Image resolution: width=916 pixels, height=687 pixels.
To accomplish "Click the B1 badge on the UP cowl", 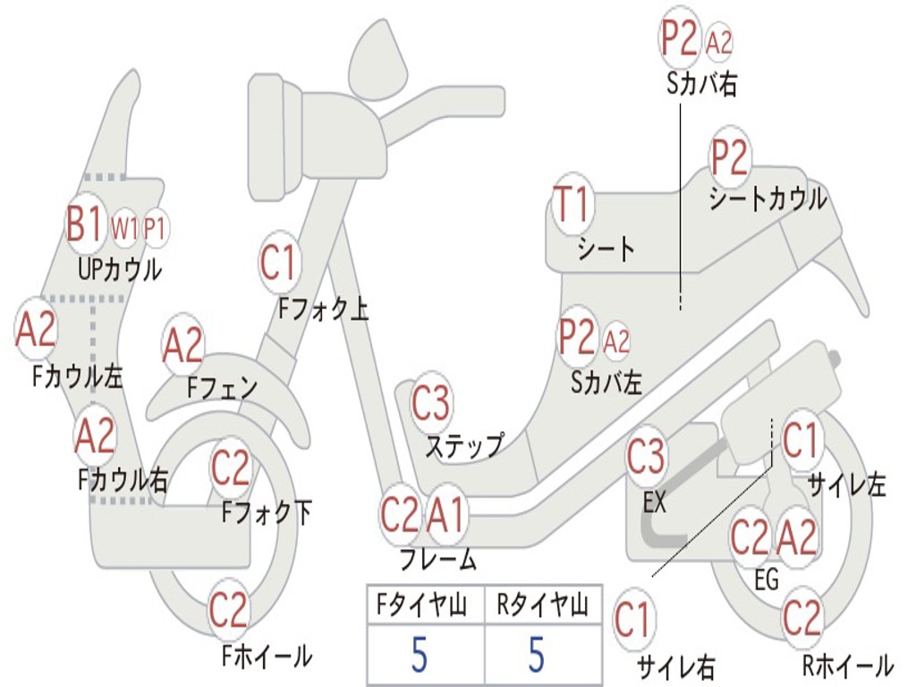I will [85, 225].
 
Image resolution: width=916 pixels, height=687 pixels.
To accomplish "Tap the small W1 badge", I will [125, 230].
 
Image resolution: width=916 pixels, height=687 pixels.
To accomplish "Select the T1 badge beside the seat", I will [572, 205].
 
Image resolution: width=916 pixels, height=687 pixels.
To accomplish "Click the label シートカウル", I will [768, 199].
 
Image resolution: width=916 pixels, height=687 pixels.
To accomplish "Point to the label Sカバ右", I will [702, 86].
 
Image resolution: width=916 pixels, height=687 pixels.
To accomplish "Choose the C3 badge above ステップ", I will [431, 403].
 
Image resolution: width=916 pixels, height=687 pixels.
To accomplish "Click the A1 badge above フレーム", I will [445, 515].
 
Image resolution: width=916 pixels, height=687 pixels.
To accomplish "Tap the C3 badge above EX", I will [646, 458].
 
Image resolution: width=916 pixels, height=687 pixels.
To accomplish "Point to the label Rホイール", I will [847, 665].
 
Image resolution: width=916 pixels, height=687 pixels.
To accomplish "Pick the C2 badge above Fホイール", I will [228, 611].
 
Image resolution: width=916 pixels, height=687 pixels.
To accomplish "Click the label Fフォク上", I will [323, 310].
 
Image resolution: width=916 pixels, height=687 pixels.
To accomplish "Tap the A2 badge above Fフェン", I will [183, 346].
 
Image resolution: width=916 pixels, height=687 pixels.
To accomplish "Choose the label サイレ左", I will [846, 486].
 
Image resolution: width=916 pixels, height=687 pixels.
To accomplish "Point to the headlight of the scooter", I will [271, 136].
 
